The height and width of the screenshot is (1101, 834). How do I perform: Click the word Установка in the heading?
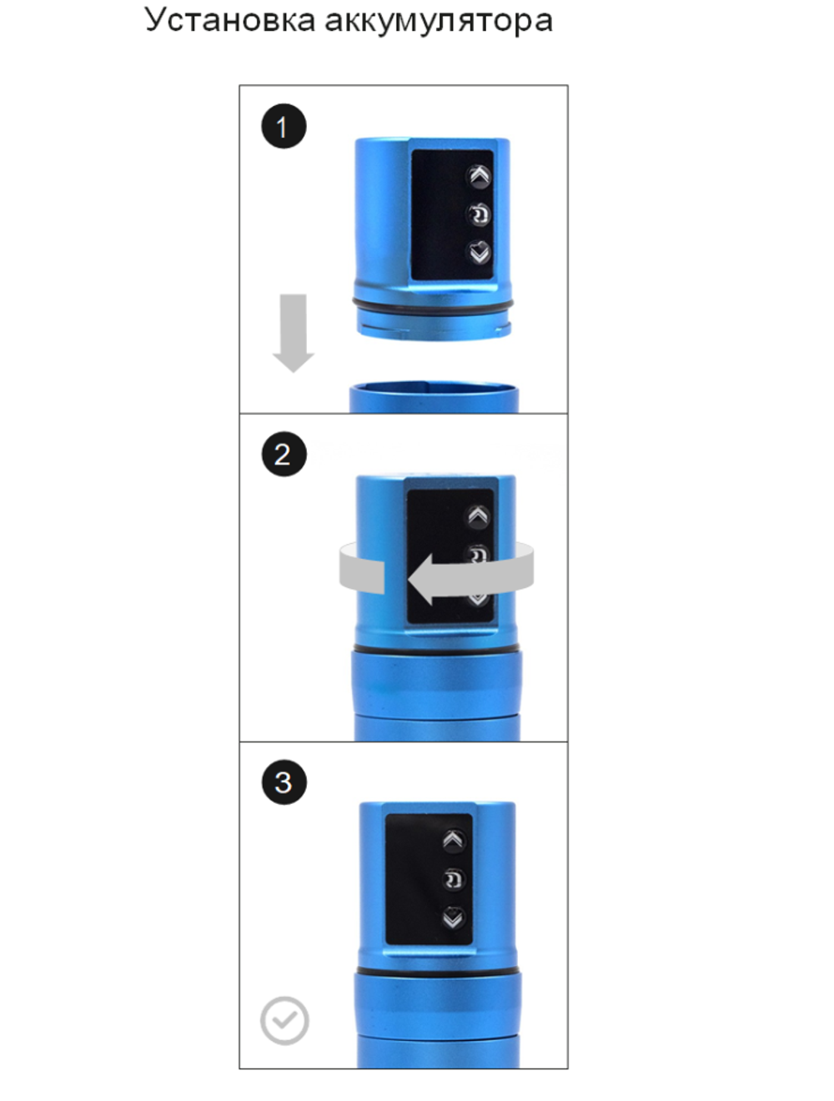click(229, 20)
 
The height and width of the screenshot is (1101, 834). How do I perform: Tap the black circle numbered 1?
click(284, 127)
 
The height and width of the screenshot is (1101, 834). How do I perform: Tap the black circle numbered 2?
click(284, 455)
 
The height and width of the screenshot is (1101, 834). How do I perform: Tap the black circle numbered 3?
click(284, 782)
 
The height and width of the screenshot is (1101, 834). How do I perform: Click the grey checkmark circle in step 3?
click(284, 1020)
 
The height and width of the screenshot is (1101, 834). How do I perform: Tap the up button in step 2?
click(478, 516)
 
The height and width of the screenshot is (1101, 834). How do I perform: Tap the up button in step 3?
click(453, 841)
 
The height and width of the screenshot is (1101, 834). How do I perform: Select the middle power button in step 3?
click(453, 879)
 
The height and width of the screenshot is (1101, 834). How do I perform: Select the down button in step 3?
click(453, 917)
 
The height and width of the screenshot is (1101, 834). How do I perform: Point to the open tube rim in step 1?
click(433, 388)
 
